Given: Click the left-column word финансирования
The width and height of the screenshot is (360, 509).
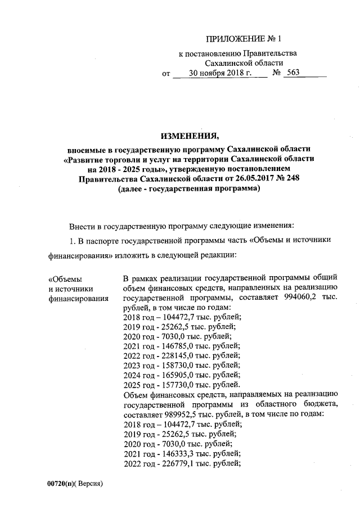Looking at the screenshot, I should [x=79, y=299].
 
